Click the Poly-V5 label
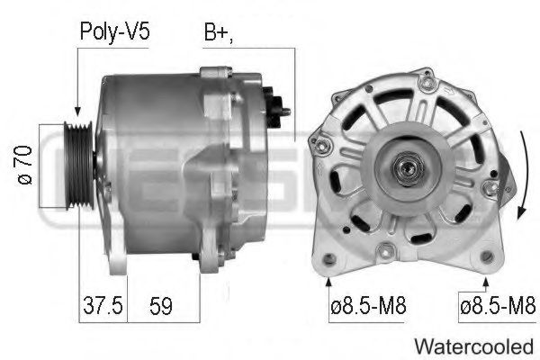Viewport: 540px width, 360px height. [x=114, y=32]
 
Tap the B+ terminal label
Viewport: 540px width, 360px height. [x=219, y=32]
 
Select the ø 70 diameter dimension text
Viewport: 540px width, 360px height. [x=25, y=166]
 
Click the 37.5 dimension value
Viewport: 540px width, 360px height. [x=103, y=305]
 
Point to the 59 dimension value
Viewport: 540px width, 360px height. [x=161, y=306]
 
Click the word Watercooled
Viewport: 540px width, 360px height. [x=474, y=346]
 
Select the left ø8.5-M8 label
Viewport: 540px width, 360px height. [x=368, y=306]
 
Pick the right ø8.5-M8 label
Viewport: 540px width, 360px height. [x=498, y=306]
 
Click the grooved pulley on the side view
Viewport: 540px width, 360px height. [x=79, y=166]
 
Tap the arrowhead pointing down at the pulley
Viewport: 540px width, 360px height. [x=77, y=111]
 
